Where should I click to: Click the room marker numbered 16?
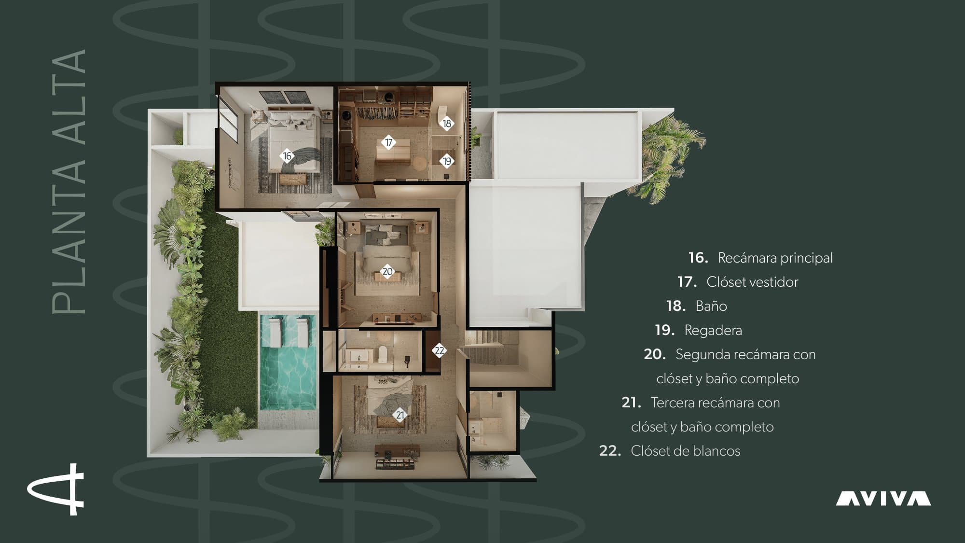click(287, 156)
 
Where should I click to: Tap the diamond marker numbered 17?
click(388, 142)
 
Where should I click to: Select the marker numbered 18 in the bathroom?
click(447, 124)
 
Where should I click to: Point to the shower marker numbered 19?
click(447, 161)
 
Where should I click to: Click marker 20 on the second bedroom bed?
click(387, 271)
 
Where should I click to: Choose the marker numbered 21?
click(400, 415)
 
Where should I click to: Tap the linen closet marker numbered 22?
click(439, 350)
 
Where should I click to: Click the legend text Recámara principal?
click(775, 258)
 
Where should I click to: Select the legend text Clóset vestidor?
click(752, 282)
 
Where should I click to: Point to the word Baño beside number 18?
click(711, 306)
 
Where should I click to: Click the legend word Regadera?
click(713, 331)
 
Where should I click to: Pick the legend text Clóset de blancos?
click(686, 451)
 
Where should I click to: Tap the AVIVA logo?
click(883, 499)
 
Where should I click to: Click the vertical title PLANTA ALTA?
click(69, 181)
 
